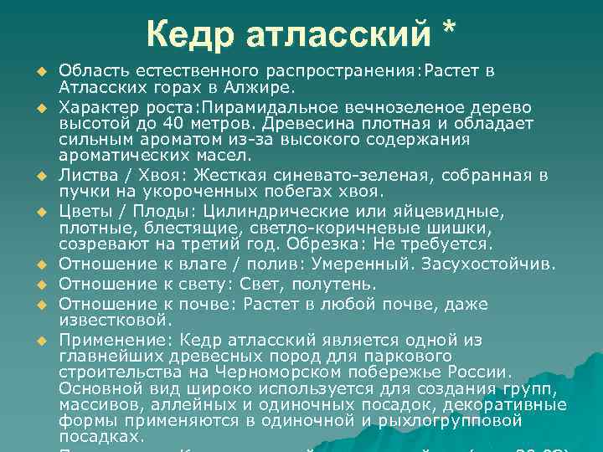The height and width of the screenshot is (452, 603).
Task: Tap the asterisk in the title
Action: click(448, 32)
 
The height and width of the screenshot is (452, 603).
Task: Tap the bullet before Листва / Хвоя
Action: click(39, 176)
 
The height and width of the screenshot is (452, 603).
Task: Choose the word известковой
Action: click(111, 319)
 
